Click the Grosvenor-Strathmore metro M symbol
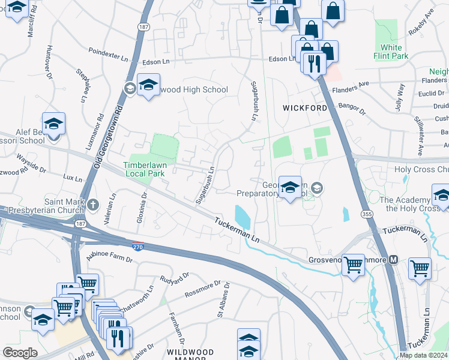[394, 260]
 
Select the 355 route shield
[365, 214]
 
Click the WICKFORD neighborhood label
[306, 108]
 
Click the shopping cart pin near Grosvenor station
[352, 264]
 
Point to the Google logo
[20, 353]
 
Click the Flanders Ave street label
[351, 87]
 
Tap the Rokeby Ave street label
[429, 24]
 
